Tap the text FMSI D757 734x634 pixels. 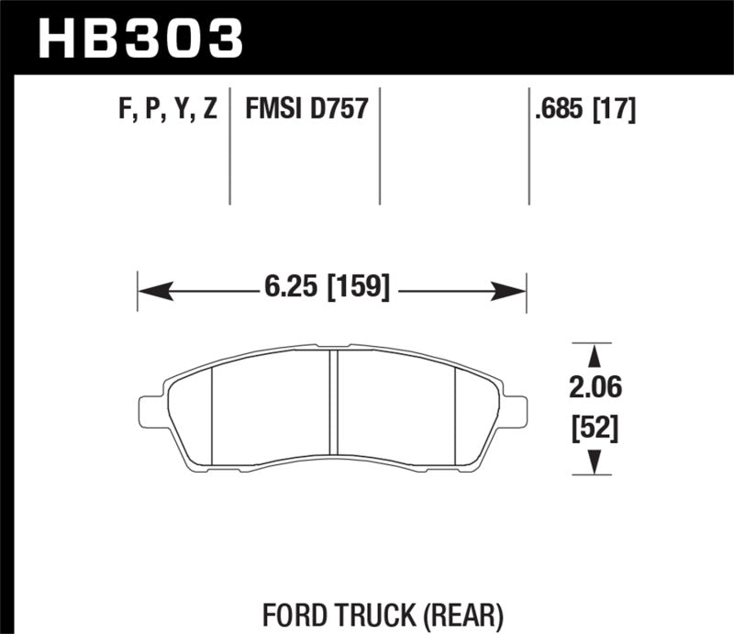pyautogui.click(x=306, y=110)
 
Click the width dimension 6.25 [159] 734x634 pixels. pyautogui.click(x=326, y=290)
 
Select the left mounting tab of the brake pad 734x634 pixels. pyautogui.click(x=150, y=410)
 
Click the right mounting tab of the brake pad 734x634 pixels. pyautogui.click(x=516, y=410)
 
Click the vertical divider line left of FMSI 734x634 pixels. pyautogui.click(x=229, y=147)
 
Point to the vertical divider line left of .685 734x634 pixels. pyautogui.click(x=529, y=147)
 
